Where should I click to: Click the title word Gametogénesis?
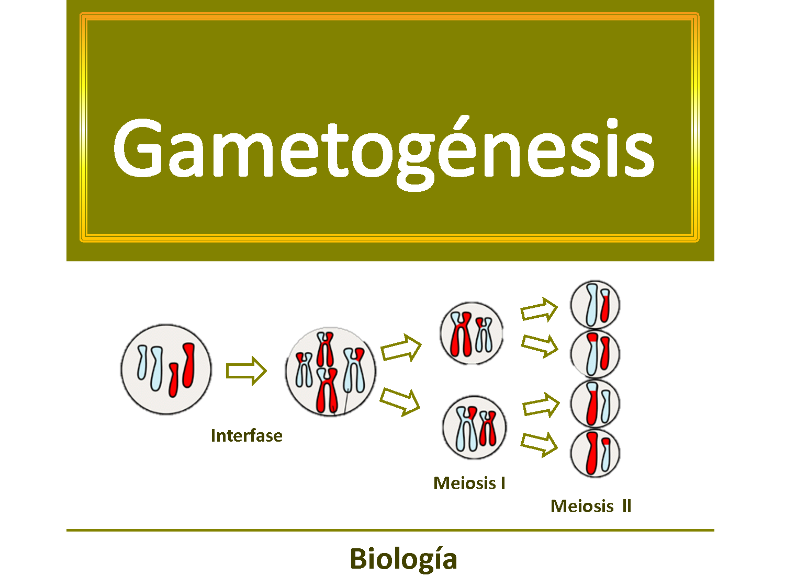click(384, 149)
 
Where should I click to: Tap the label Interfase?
click(246, 435)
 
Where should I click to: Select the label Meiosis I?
click(469, 483)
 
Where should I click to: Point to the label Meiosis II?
click(591, 506)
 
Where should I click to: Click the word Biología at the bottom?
click(403, 559)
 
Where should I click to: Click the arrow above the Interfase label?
click(246, 371)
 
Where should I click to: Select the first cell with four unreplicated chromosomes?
click(166, 370)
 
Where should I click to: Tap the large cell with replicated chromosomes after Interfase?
click(330, 372)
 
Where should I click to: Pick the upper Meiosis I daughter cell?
click(472, 333)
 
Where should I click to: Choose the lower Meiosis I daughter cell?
click(474, 428)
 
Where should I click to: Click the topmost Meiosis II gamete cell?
click(595, 305)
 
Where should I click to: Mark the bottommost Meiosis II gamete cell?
click(595, 453)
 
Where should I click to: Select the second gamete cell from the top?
click(595, 354)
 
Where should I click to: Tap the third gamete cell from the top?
click(595, 404)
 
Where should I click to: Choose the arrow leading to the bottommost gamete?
click(540, 444)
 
